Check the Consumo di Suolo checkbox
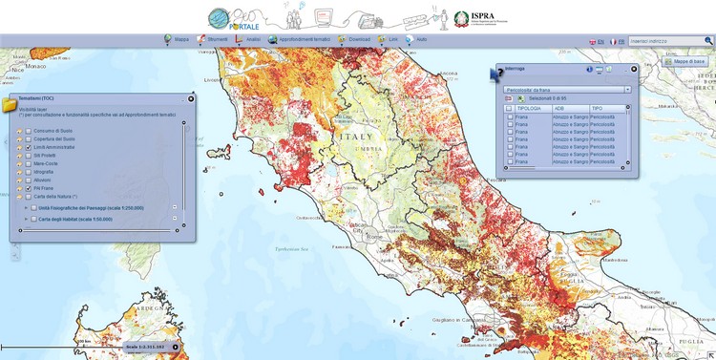pos(29,131)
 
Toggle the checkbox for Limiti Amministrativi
pos(29,147)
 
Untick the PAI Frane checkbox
pos(29,188)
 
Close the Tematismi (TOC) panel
pos(191,98)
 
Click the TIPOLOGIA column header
pos(531,108)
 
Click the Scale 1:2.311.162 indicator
pos(144,346)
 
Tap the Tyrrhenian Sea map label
pos(291,250)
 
